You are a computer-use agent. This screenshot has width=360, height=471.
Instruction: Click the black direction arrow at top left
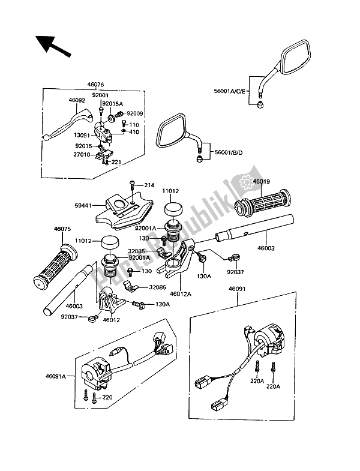pyautogui.click(x=53, y=46)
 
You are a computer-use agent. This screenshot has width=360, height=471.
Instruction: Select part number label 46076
pyautogui.click(x=95, y=85)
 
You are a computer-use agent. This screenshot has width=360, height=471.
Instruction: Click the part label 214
pyautogui.click(x=149, y=185)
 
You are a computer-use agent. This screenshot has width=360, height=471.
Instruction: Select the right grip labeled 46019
pyautogui.click(x=263, y=203)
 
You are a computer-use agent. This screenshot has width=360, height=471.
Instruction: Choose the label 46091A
pyautogui.click(x=56, y=376)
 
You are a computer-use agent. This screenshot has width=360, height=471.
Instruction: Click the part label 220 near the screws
pyautogui.click(x=107, y=397)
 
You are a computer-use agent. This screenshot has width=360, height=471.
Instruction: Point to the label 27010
pyautogui.click(x=82, y=155)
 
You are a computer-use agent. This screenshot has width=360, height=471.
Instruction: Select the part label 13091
pyautogui.click(x=82, y=135)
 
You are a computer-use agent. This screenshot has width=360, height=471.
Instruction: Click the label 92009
pyautogui.click(x=135, y=113)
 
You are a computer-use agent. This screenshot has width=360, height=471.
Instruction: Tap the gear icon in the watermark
pyautogui.click(x=247, y=182)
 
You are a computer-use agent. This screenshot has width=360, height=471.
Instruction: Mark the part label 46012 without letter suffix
pyautogui.click(x=111, y=320)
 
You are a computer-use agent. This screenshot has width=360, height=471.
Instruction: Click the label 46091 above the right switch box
pyautogui.click(x=237, y=289)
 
